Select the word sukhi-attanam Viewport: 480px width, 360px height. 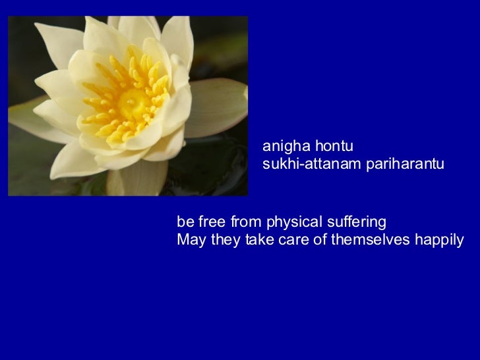[305, 164]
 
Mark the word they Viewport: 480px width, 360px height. [226, 239]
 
